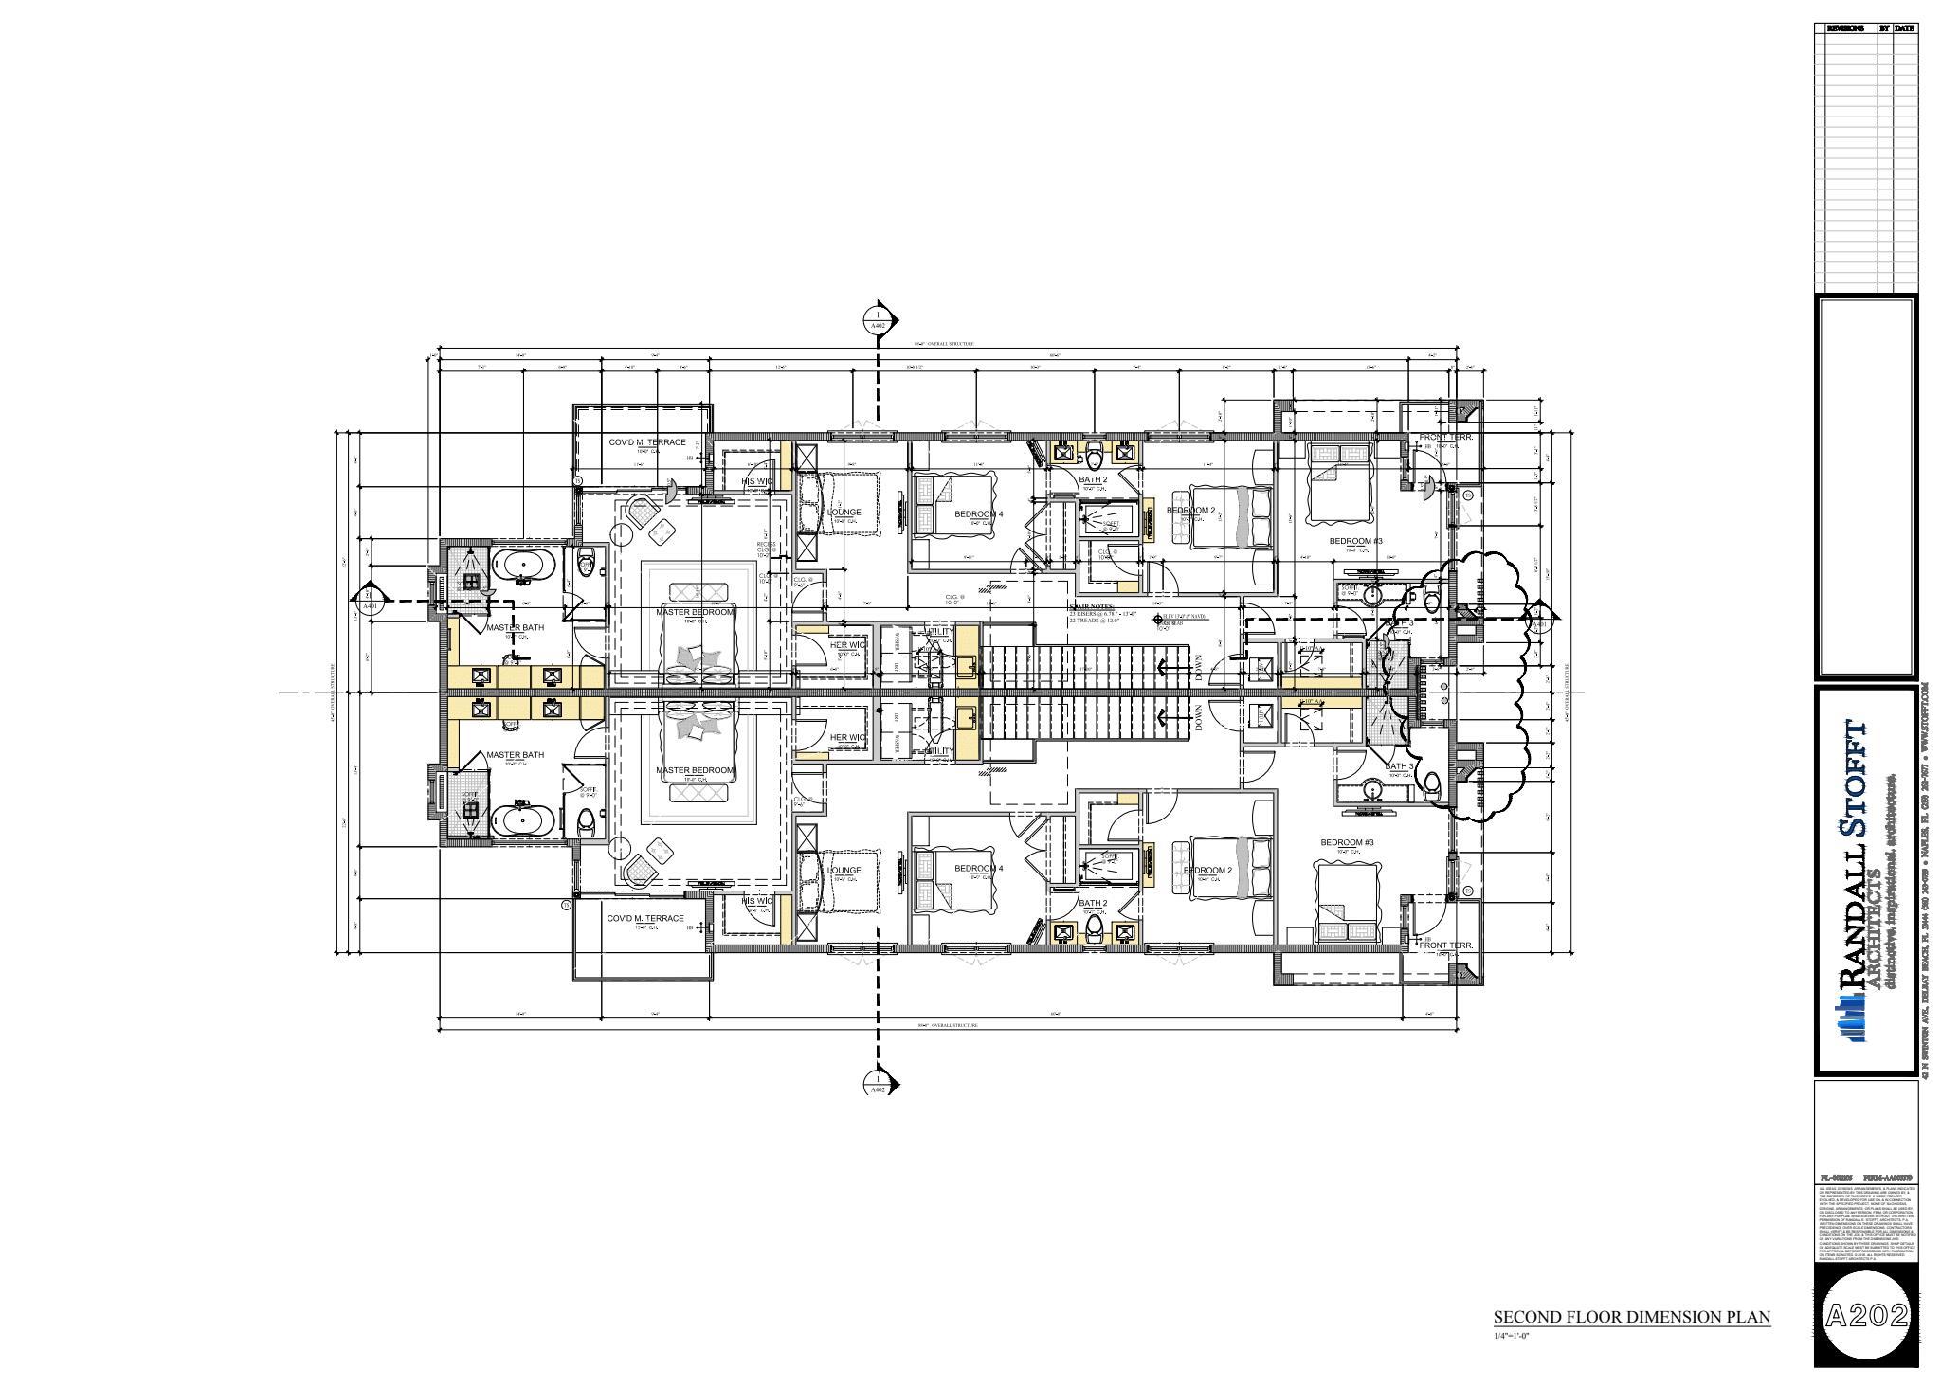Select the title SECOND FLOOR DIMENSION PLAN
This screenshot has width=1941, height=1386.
tap(1631, 1317)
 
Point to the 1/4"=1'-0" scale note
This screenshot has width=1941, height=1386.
tap(1514, 1337)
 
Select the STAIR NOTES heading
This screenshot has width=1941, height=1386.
tap(1092, 606)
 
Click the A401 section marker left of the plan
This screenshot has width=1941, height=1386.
tap(370, 601)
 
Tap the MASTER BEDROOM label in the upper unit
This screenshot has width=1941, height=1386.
tap(695, 613)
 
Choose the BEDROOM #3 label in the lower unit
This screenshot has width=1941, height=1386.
tap(1347, 842)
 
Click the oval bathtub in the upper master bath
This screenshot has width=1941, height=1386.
tap(521, 567)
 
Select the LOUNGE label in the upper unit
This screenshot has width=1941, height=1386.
tap(844, 513)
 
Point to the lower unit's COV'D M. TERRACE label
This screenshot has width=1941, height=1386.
tap(645, 919)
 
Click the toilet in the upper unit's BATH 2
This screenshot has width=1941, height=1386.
tap(1095, 458)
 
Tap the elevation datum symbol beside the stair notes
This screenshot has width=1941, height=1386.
tap(1158, 621)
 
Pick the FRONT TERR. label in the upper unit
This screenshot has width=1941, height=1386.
tap(1444, 439)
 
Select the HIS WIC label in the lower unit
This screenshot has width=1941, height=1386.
tap(757, 901)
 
